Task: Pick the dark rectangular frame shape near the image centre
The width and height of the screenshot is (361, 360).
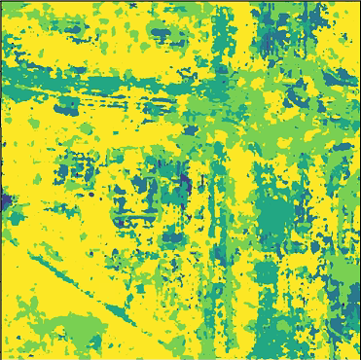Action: pos(131,199)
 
